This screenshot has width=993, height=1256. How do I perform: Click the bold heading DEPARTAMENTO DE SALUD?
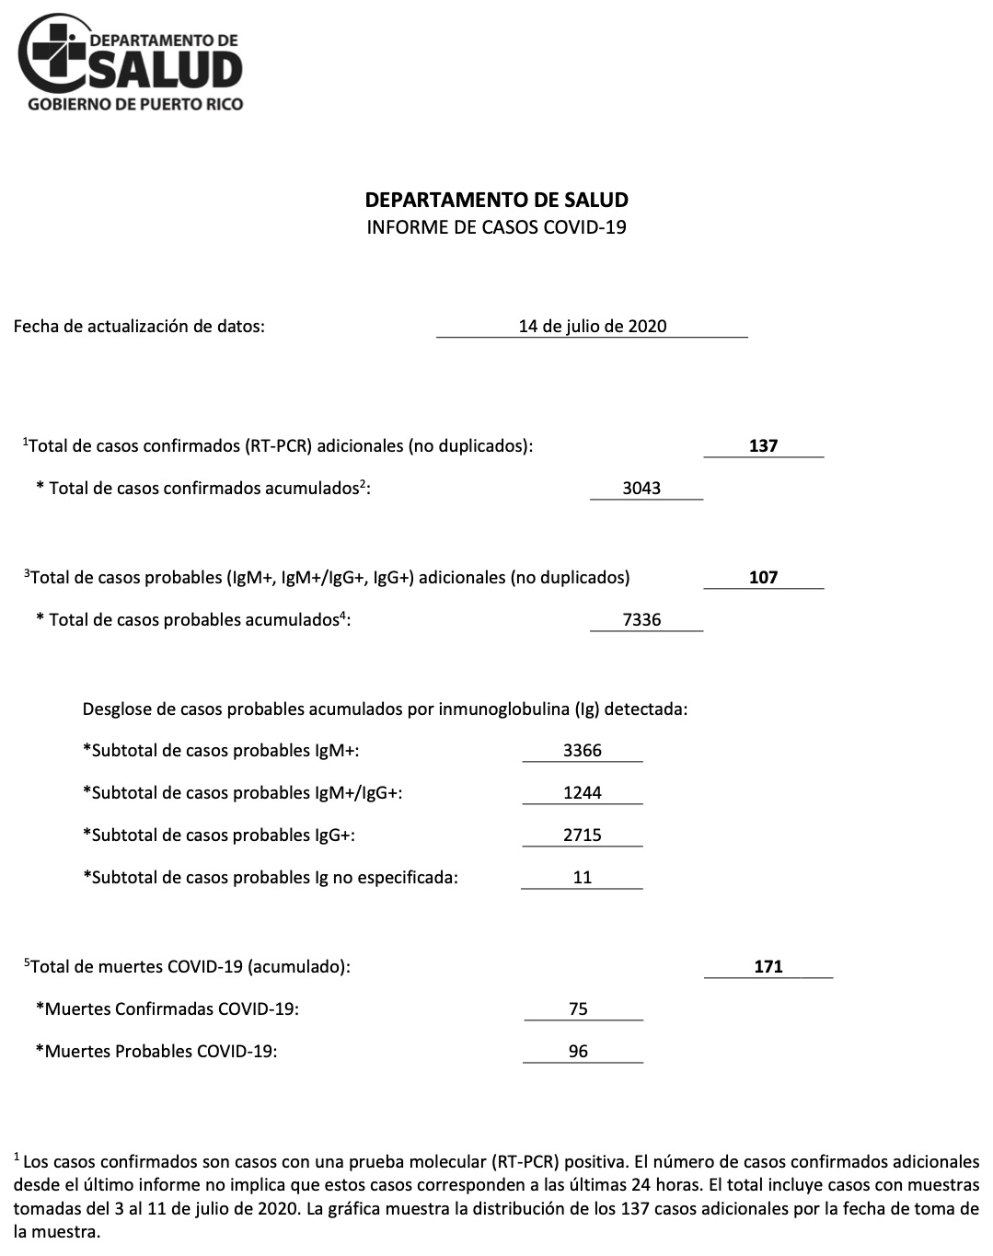click(496, 200)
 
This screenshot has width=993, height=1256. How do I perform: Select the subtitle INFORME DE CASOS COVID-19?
click(496, 227)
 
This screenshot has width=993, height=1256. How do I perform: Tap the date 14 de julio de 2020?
click(592, 326)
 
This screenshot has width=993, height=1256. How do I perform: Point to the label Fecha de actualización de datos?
click(139, 326)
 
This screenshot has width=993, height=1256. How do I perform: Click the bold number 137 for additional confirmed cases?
click(763, 446)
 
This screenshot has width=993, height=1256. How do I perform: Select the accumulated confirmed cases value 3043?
click(641, 489)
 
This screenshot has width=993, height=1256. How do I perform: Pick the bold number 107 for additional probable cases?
click(763, 578)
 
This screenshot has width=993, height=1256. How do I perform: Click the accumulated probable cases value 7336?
click(641, 620)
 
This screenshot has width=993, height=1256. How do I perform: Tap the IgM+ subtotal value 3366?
click(583, 751)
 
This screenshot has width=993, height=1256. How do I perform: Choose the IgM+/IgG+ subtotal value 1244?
click(583, 793)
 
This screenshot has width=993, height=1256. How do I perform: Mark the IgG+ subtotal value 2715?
click(583, 835)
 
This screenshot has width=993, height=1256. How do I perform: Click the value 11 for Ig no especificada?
click(583, 878)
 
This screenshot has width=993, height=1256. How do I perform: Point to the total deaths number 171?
click(768, 967)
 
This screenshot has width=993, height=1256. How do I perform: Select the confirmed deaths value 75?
click(578, 1009)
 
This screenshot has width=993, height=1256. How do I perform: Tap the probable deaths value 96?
click(578, 1052)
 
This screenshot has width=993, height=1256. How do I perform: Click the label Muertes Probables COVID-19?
click(156, 1052)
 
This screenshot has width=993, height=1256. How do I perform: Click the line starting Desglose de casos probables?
click(385, 709)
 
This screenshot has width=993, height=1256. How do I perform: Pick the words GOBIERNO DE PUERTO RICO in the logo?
click(136, 104)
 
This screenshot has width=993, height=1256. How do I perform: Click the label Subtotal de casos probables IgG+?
click(219, 835)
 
